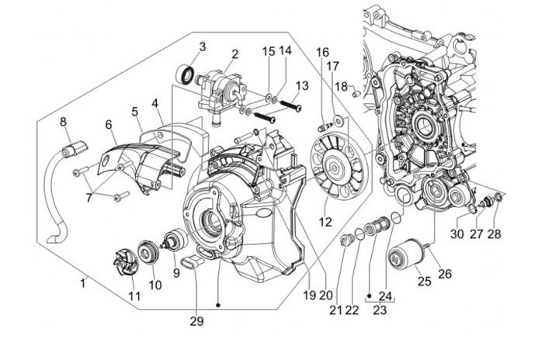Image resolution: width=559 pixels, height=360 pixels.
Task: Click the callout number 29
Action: (196, 321)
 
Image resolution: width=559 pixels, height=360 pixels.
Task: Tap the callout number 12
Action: (325, 222)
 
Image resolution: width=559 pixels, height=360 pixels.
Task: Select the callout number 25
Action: (425, 281)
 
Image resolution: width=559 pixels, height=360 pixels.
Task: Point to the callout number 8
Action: (63, 122)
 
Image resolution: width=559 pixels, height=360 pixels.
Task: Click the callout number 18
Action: (341, 86)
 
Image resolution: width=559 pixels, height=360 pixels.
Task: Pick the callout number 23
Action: (380, 310)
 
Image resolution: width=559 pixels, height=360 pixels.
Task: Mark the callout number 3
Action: (203, 47)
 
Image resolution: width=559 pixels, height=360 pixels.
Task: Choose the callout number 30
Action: (457, 234)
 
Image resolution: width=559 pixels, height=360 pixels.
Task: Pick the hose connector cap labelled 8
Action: (74, 148)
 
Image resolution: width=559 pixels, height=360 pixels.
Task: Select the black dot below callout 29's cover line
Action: (218, 305)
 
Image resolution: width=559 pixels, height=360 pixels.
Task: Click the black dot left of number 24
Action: (370, 296)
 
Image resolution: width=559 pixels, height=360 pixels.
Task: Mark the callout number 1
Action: (83, 283)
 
